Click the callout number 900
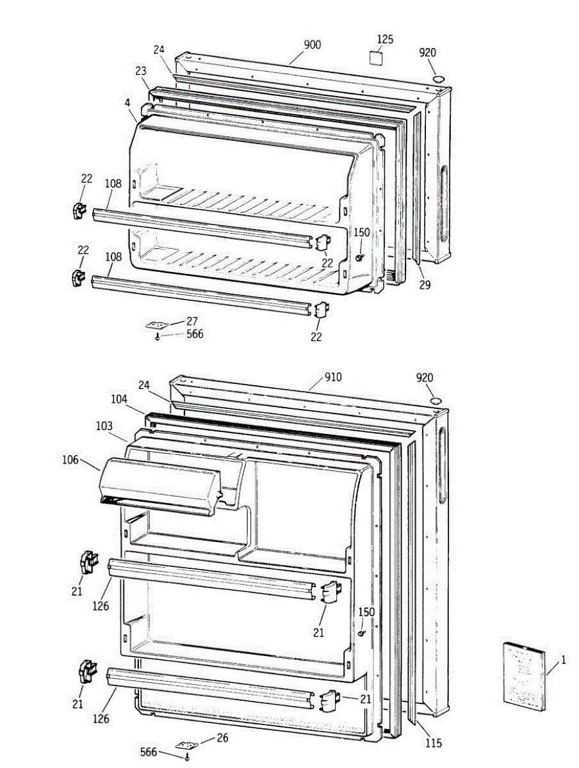[313, 45]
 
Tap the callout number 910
[333, 378]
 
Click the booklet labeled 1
[524, 675]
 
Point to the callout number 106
[70, 459]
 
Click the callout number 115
[433, 743]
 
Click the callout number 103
[105, 426]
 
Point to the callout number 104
[118, 398]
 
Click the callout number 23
[142, 71]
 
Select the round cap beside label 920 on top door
[439, 78]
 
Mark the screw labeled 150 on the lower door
[362, 634]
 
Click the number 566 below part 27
[195, 334]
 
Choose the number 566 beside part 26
[149, 752]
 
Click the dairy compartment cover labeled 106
[160, 483]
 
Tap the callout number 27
[193, 321]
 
